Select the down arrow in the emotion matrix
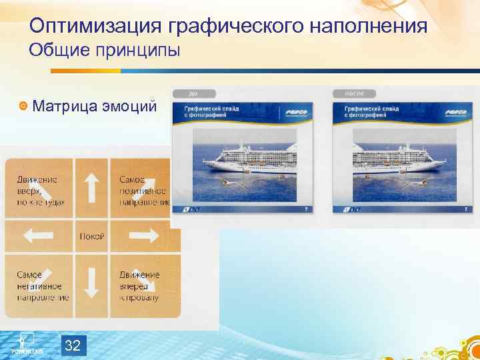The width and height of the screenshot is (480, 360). point(91,283)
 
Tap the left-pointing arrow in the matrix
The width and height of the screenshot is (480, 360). point(38,235)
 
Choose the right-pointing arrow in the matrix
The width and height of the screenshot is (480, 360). point(143,235)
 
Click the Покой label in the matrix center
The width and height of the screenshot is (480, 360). point(91,236)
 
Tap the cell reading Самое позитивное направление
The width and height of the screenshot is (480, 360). point(143,189)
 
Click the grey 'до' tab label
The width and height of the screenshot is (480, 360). point(193,94)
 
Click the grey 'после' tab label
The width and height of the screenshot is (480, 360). point(353,94)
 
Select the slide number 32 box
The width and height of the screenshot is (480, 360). point(73,345)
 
